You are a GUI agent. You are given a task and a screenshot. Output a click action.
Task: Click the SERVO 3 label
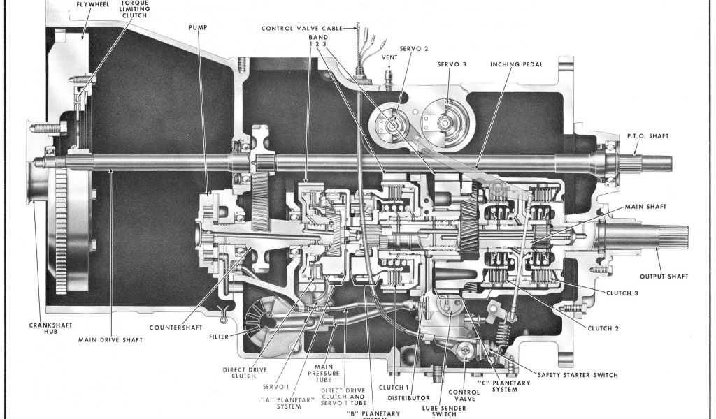pos(452,64)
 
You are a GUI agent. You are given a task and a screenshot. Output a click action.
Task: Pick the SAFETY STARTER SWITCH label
pos(578,375)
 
